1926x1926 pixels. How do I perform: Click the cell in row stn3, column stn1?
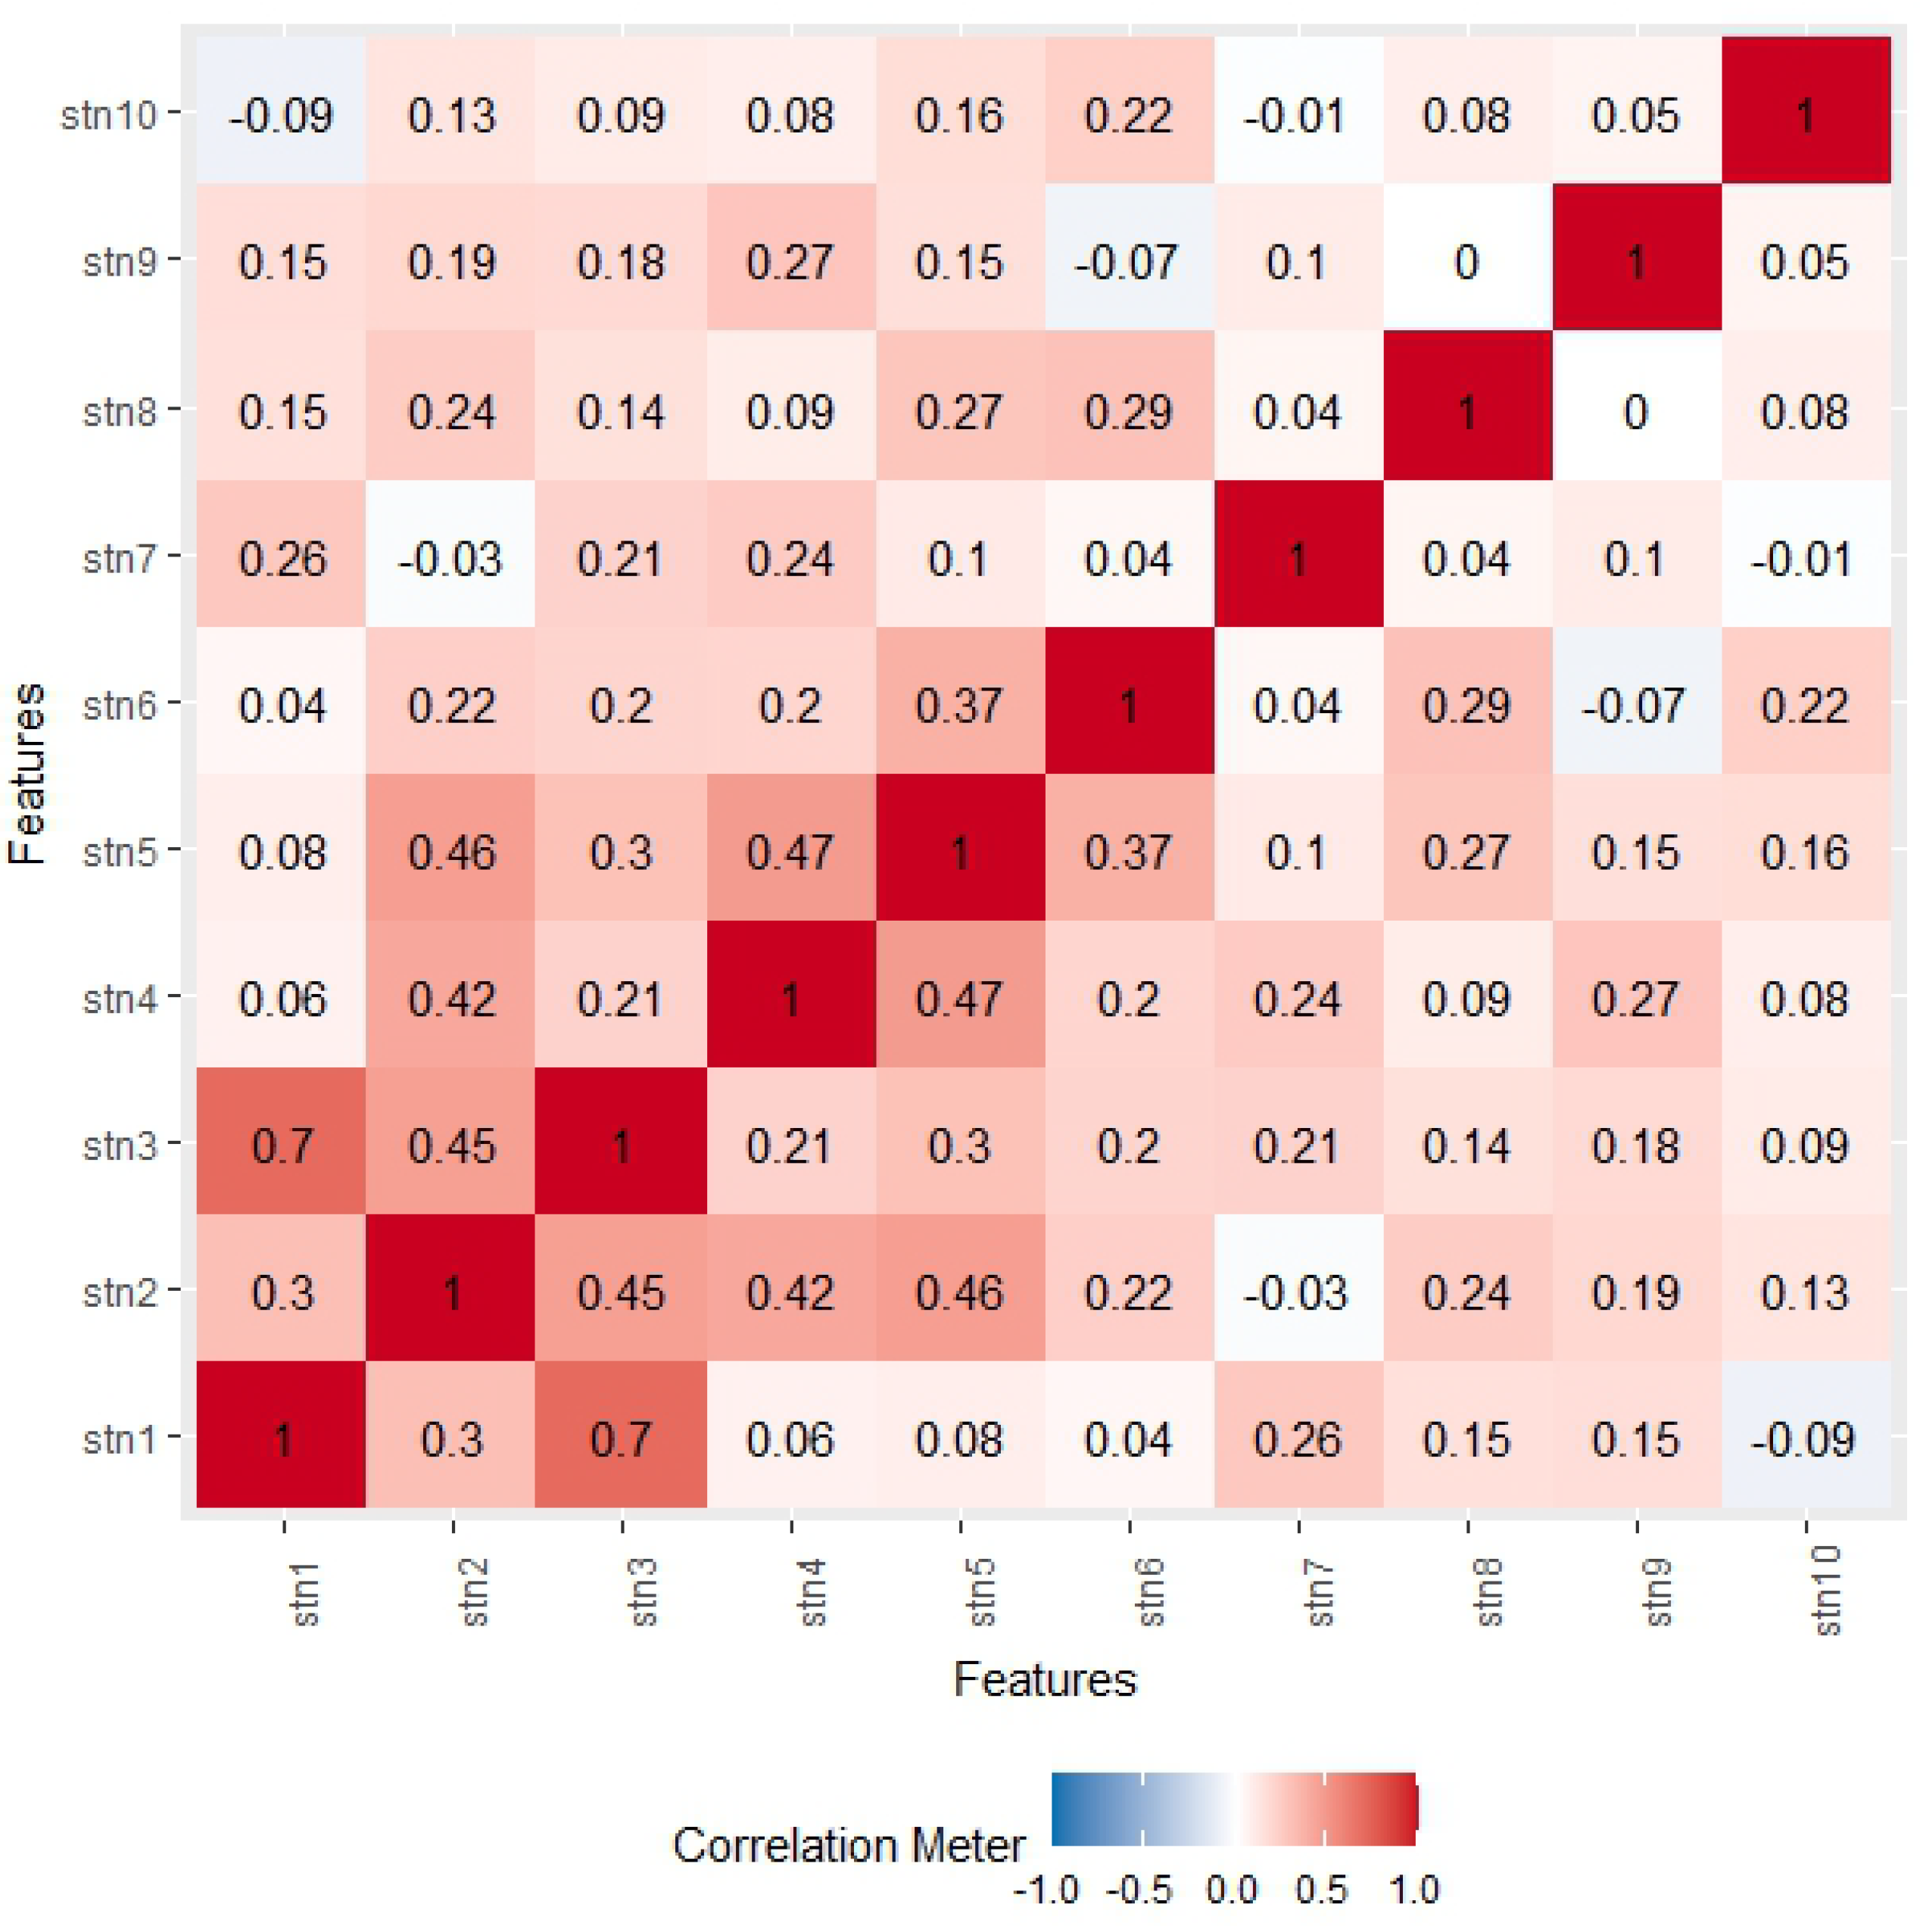coord(282,1145)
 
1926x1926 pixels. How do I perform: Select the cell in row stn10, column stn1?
coord(282,114)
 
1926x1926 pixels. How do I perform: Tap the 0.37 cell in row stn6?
coord(960,705)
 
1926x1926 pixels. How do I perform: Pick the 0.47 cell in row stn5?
coord(790,852)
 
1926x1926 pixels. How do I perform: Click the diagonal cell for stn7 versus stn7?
coord(1298,557)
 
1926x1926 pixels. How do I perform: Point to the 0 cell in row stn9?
coord(1467,262)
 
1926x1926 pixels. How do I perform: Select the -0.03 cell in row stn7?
coord(451,557)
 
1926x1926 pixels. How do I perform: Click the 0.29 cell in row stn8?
coord(1129,410)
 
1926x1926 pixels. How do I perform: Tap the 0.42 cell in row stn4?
coord(451,998)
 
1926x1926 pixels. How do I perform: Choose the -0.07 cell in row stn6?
coord(1636,705)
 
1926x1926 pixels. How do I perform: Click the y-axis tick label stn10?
coord(110,114)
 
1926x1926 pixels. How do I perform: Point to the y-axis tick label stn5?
coord(120,852)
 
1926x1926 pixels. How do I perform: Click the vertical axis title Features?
coord(27,772)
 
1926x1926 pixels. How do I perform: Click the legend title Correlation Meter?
coord(849,1845)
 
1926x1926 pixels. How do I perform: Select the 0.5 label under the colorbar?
coord(1322,1889)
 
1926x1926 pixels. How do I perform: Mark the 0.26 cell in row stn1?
coord(1298,1438)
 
